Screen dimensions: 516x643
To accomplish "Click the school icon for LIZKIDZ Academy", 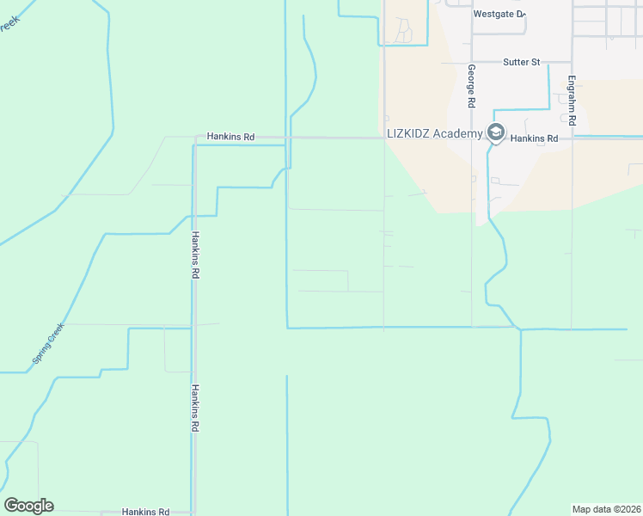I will point(496,132).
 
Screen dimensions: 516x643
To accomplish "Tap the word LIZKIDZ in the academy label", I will point(408,132).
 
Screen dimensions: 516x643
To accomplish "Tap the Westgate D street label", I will point(498,14).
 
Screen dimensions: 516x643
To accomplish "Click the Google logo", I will point(28,506).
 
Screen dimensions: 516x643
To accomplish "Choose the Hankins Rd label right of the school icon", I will point(534,138).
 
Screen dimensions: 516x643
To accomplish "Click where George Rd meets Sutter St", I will point(472,62).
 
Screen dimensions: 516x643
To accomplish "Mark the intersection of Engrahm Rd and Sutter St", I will point(572,62).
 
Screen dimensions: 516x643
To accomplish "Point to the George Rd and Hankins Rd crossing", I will point(472,138).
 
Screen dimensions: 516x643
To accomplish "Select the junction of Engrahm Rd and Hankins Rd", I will point(572,138).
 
